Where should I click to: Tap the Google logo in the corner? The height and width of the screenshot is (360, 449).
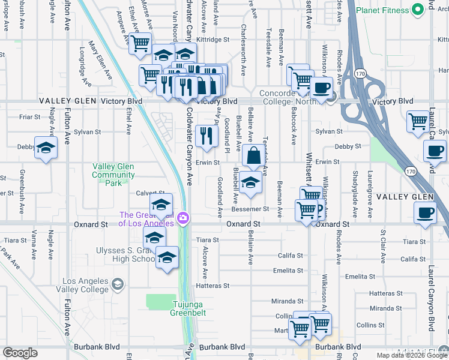point(20,353)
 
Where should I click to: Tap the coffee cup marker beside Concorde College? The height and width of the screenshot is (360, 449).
point(321,87)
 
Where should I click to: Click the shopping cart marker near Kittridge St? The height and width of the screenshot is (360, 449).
point(140,43)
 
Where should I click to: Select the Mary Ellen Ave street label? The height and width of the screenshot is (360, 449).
point(100,61)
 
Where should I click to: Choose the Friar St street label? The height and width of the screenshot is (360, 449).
point(29,117)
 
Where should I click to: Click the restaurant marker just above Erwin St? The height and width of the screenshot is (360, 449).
point(206,135)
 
